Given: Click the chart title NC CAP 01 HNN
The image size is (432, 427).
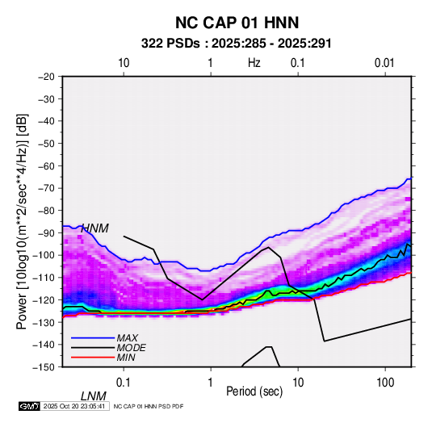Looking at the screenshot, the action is [237, 23].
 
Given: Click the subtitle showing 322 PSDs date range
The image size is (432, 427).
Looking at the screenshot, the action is [236, 44].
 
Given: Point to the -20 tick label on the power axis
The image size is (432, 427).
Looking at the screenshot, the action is [46, 77].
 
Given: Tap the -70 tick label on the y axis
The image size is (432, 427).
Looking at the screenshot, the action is [46, 188].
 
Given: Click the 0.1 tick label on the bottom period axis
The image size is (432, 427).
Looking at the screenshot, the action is [124, 383].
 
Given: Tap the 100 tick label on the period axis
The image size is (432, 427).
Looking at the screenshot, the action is [385, 383].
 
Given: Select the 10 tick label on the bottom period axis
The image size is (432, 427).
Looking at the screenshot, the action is [298, 383].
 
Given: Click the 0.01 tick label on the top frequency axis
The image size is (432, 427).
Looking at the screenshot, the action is [384, 63].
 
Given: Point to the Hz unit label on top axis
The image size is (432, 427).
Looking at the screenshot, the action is [254, 63].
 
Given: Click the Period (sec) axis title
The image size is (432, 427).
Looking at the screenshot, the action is [254, 391].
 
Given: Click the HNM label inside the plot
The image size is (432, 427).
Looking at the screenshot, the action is [94, 228].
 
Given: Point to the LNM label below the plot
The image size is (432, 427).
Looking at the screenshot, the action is [94, 396].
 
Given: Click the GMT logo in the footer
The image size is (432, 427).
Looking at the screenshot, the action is [29, 406].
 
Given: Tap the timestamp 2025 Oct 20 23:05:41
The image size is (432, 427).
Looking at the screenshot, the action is [74, 406].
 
